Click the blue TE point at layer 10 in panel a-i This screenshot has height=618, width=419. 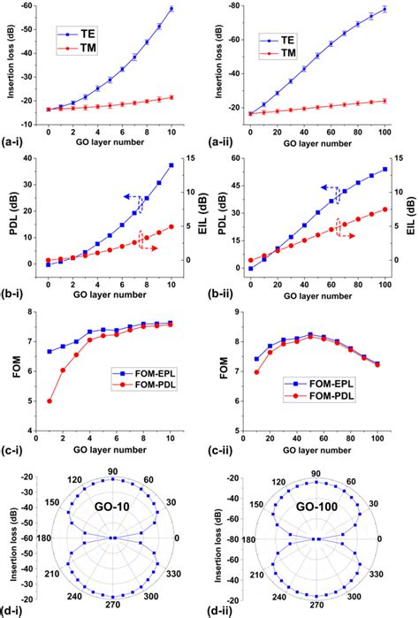click(171, 9)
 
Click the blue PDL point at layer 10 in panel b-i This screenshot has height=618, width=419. click(171, 165)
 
